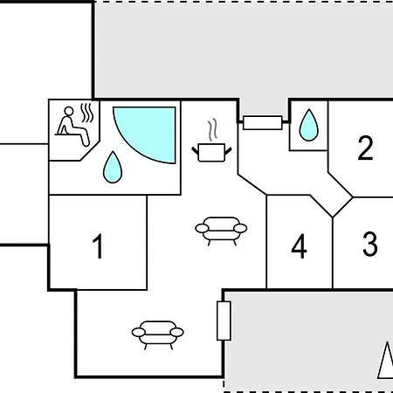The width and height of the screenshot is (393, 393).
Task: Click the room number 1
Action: point(98,246)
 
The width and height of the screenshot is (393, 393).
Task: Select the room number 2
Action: point(365,148)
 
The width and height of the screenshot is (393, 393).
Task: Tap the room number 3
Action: point(370,244)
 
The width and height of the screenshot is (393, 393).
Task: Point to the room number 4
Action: point(299,246)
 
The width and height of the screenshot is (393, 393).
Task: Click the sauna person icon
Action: point(72,126)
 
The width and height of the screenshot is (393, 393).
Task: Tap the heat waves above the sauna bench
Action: point(87,113)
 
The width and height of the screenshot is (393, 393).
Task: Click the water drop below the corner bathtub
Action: point(113,167)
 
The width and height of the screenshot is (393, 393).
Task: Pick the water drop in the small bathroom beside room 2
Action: point(308,125)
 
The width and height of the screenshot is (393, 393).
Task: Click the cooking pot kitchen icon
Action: point(211,152)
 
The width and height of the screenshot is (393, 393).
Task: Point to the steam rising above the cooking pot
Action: point(213,130)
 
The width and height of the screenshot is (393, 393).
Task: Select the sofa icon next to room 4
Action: point(221,231)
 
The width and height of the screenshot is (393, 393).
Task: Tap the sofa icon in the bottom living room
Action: point(157,334)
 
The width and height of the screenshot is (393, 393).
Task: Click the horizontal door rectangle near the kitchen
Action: point(263,122)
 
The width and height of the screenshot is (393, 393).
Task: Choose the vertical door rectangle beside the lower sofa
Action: point(224,321)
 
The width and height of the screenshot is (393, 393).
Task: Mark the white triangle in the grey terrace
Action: point(386,361)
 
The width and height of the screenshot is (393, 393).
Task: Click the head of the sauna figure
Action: point(69,111)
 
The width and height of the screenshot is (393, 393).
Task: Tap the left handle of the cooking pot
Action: point(195,150)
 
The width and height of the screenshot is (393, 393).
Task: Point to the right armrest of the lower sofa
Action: point(176,332)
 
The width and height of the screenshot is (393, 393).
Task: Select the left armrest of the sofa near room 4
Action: point(202,229)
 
